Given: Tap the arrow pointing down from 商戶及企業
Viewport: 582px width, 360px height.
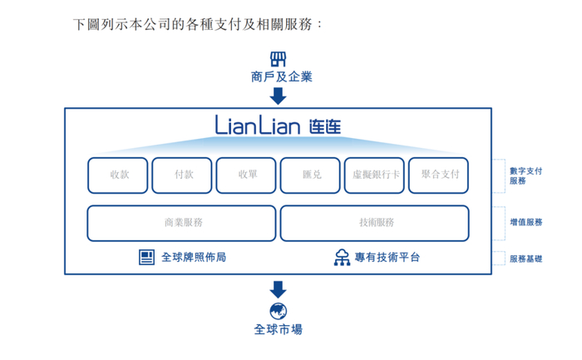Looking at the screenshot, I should click(279, 96).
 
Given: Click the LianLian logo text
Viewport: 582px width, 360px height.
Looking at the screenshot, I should click(278, 126).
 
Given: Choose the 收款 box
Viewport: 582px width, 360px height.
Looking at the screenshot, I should click(118, 175).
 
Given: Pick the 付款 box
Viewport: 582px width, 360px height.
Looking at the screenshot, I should click(182, 175).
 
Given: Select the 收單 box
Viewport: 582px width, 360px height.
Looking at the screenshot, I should click(246, 175).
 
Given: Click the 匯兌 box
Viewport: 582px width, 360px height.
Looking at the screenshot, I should click(310, 175).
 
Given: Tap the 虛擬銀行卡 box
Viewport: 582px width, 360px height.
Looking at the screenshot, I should click(374, 175).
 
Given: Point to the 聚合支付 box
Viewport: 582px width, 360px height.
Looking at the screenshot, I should click(438, 175).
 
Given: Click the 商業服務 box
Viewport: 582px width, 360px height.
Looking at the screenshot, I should click(182, 223).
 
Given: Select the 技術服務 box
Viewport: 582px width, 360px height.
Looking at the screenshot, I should click(374, 223).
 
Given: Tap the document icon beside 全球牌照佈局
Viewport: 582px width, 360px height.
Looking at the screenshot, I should click(146, 258).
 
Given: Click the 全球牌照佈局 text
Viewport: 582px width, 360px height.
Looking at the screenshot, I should click(193, 258).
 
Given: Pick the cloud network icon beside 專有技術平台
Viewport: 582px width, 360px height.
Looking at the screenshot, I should click(342, 258).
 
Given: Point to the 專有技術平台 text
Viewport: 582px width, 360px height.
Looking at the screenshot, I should click(387, 258).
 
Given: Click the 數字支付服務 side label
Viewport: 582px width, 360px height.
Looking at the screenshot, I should click(525, 175).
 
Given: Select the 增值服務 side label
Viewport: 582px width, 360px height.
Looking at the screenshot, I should click(525, 223).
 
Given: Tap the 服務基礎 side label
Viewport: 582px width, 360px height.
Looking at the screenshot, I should click(525, 259).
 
